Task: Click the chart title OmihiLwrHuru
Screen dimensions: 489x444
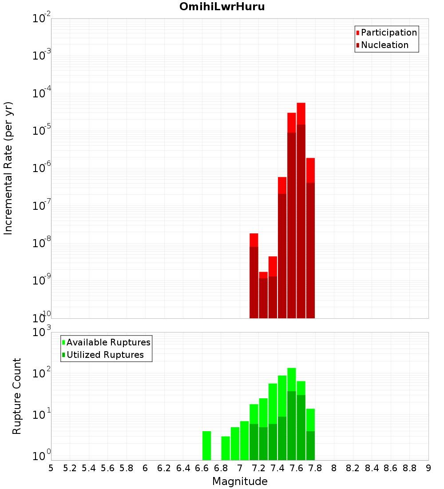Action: pos(222,7)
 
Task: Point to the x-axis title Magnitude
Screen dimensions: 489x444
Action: pos(240,481)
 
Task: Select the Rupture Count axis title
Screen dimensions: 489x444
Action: pos(17,396)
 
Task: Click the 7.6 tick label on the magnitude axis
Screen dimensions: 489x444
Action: pos(296,468)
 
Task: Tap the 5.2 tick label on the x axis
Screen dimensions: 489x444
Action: pos(70,468)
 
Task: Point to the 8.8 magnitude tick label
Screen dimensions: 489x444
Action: pos(409,468)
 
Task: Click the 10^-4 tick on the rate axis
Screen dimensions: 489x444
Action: pos(42,94)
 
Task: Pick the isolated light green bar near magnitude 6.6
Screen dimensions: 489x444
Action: pos(206,445)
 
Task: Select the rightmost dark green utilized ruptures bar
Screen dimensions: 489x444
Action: pos(310,445)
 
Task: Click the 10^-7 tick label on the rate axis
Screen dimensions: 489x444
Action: pos(42,206)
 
